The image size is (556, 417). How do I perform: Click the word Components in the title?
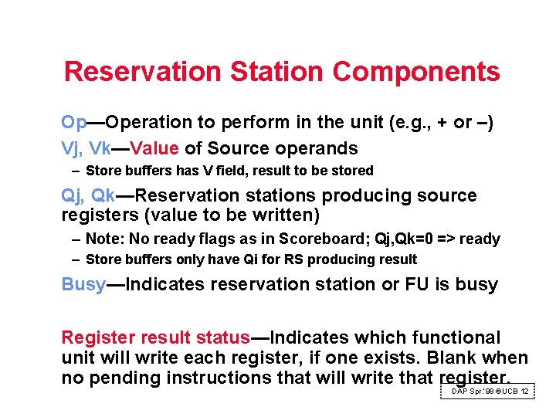coord(416,72)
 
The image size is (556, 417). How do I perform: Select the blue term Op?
coord(74,123)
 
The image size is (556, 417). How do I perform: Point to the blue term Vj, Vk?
coord(86,148)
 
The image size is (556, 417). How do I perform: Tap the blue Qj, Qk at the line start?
coord(86,196)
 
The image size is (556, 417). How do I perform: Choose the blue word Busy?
coord(83,284)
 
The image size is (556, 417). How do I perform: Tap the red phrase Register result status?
coord(155,337)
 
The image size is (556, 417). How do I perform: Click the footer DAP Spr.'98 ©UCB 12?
coord(490,392)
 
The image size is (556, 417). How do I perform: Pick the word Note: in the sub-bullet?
coord(103,239)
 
